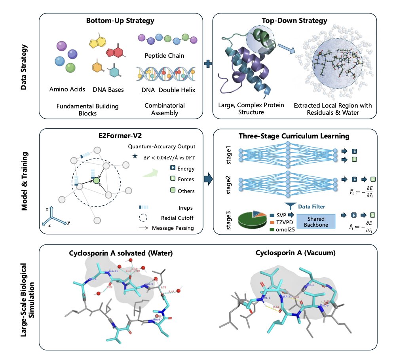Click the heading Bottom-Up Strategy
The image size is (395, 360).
[x=120, y=20]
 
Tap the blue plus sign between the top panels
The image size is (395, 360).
[x=208, y=64]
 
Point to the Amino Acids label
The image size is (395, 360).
[x=68, y=89]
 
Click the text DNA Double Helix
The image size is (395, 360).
[x=168, y=90]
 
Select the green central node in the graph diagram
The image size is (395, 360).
[x=95, y=181]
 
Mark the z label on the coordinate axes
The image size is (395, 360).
[x=47, y=208]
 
